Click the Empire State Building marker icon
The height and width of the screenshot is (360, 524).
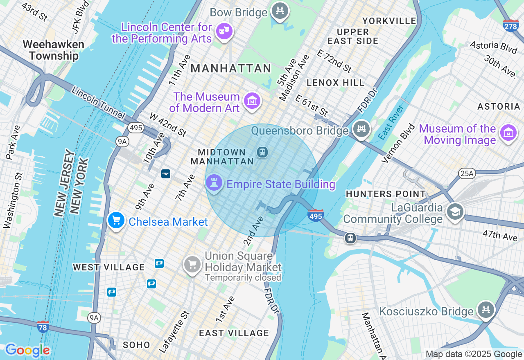click(214, 183)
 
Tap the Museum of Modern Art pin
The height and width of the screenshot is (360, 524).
click(252, 100)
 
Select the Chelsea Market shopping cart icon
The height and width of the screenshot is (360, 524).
click(116, 221)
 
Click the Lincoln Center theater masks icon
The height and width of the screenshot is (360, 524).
click(224, 31)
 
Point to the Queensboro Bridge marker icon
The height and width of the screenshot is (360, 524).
click(361, 129)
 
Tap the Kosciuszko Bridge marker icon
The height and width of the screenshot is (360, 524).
click(486, 310)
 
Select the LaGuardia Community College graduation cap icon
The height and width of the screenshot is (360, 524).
click(455, 212)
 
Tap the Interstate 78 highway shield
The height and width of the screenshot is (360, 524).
click(43, 326)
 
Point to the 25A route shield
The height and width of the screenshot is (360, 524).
click(467, 174)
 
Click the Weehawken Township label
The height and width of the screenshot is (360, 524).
click(54, 50)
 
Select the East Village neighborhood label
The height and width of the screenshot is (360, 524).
click(234, 333)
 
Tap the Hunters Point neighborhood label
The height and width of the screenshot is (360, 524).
click(386, 194)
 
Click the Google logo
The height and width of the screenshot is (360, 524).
click(27, 350)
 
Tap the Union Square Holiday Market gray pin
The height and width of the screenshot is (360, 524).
click(192, 264)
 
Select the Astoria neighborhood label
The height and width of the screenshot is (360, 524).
click(499, 107)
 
